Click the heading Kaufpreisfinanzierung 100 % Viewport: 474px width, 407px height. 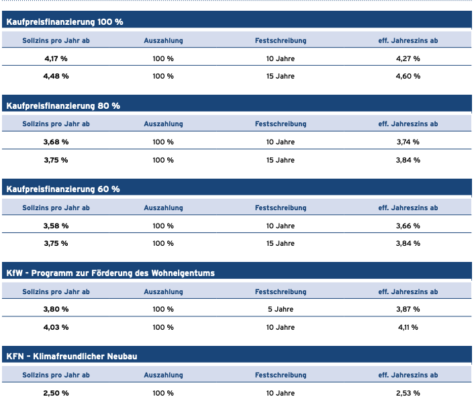pyautogui.click(x=64, y=21)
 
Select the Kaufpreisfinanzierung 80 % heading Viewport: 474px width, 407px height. pyautogui.click(x=63, y=106)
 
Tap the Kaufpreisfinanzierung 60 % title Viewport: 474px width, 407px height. pyautogui.click(x=63, y=189)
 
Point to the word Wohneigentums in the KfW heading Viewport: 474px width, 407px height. pyautogui.click(x=183, y=273)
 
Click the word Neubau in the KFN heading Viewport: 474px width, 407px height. pyautogui.click(x=122, y=357)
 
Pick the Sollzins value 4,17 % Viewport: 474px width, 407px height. pyautogui.click(x=56, y=58)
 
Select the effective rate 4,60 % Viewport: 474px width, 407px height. pyautogui.click(x=408, y=76)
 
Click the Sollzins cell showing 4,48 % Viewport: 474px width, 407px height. pyautogui.click(x=56, y=76)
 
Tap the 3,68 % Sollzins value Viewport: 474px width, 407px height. pyautogui.click(x=56, y=142)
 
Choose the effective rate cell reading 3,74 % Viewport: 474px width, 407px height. pyautogui.click(x=408, y=142)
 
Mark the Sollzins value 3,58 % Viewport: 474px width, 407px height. pyautogui.click(x=56, y=226)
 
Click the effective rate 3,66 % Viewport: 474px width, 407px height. pyautogui.click(x=408, y=226)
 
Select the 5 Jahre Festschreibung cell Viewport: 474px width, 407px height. pyautogui.click(x=281, y=310)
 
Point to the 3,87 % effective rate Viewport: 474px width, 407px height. pyautogui.click(x=408, y=310)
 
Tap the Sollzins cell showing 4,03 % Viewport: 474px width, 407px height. pyautogui.click(x=56, y=328)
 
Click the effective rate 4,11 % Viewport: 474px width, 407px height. pyautogui.click(x=408, y=328)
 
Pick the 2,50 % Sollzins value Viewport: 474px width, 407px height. pyautogui.click(x=56, y=393)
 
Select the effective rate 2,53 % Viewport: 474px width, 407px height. pyautogui.click(x=408, y=393)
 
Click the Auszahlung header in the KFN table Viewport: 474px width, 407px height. pyautogui.click(x=163, y=375)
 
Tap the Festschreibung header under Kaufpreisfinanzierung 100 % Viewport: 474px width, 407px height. pyautogui.click(x=281, y=40)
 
